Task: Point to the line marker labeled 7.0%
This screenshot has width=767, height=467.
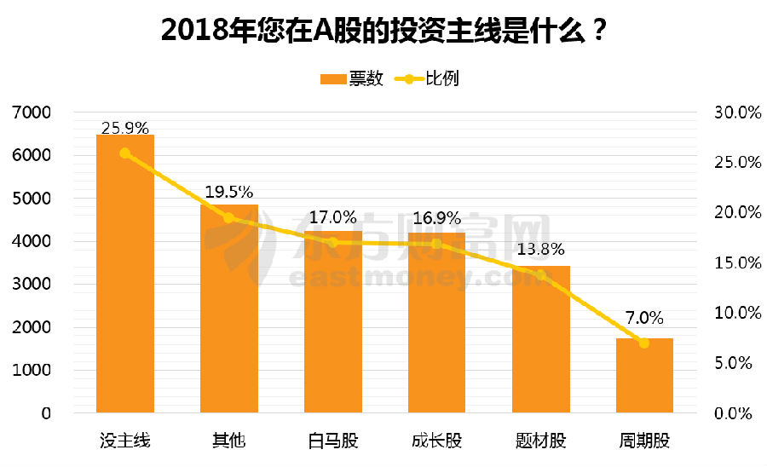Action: tap(644, 343)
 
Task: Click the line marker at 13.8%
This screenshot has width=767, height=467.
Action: tap(540, 274)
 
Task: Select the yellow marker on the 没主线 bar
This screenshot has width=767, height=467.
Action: tap(124, 153)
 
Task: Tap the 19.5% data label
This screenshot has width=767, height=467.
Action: tap(228, 193)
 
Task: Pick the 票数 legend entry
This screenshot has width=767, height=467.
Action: tap(352, 79)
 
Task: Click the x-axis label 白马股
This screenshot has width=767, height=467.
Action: tap(333, 441)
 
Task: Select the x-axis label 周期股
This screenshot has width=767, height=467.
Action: tap(644, 441)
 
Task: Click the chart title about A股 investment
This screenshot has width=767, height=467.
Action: tap(383, 31)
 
